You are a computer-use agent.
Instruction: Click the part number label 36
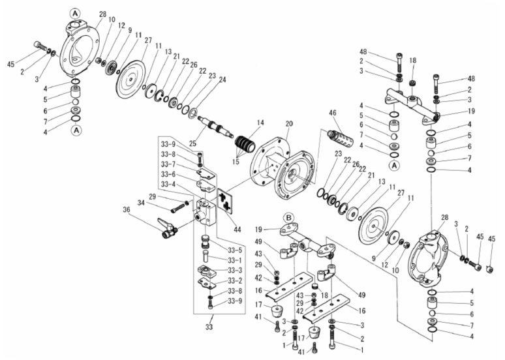(127, 209)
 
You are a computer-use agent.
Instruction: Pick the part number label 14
(260, 122)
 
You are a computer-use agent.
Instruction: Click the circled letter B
(288, 217)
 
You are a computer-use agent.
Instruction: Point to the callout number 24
(224, 80)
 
